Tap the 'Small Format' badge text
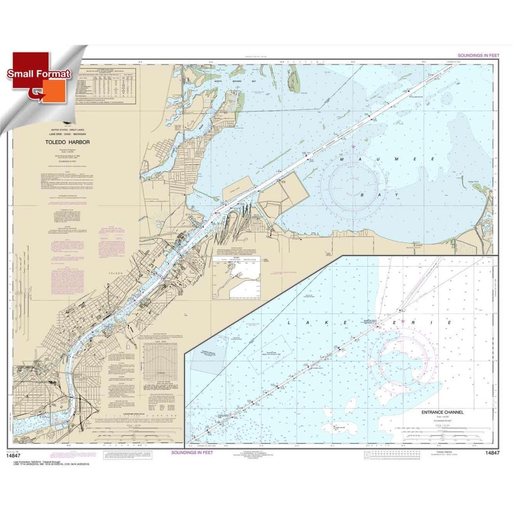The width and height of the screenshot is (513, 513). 38,74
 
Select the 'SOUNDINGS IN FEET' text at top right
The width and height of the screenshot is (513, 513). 478,56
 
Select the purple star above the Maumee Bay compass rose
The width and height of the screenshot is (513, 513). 353,147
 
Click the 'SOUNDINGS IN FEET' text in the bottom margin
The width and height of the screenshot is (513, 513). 192,452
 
